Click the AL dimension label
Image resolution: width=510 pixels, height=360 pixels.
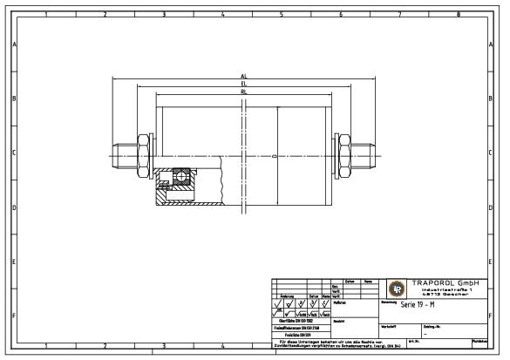click(x=244, y=77)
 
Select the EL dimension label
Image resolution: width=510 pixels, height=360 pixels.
click(x=244, y=84)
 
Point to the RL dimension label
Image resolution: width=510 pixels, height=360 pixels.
click(x=244, y=91)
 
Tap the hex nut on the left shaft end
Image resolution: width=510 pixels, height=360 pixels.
click(x=140, y=155)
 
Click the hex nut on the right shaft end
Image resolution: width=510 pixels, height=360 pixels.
click(x=344, y=155)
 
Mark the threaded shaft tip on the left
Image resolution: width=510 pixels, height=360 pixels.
click(x=119, y=156)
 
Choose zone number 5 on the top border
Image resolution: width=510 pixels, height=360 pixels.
click(x=281, y=15)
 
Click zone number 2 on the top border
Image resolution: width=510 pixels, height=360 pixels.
click(x=104, y=15)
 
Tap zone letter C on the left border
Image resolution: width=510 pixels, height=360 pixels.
click(x=13, y=153)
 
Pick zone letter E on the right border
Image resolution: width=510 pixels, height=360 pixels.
click(x=498, y=261)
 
